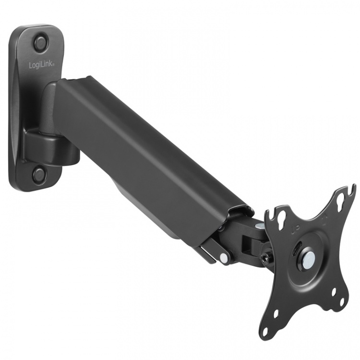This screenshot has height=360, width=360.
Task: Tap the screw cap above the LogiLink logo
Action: tap(41, 42)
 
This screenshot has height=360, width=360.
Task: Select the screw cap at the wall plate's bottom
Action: tap(39, 174)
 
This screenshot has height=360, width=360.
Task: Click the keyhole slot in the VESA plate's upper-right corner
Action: tap(342, 197)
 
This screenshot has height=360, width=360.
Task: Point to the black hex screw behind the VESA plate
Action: tap(265, 258)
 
